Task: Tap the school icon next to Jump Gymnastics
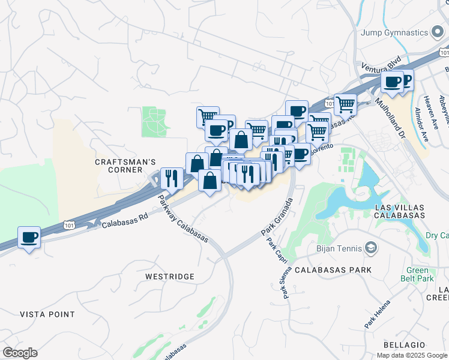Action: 438,32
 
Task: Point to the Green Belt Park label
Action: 417,274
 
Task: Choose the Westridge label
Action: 170,276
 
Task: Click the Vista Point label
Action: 47,314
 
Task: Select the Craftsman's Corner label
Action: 125,166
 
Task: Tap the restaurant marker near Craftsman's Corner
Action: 172,178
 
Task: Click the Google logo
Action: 20,352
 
